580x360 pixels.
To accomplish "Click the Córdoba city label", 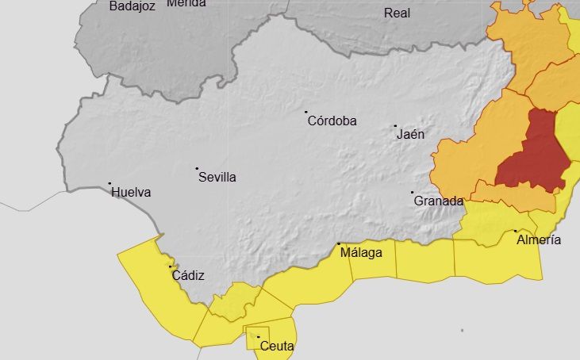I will click(332, 121).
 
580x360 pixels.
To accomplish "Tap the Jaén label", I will click(411, 135).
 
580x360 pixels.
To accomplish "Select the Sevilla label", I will click(217, 178).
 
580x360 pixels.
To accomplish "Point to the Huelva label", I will click(131, 192).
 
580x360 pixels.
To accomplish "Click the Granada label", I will click(439, 201).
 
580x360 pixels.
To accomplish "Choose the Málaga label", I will click(361, 254).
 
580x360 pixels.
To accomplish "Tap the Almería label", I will click(539, 239).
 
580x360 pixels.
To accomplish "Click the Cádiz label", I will click(188, 276).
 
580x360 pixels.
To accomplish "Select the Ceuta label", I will click(277, 347).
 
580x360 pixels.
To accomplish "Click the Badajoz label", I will click(133, 6).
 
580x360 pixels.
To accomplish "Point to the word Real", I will click(398, 13).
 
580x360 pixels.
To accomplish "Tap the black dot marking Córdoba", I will click(306, 113).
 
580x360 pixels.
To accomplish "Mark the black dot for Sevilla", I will click(197, 168).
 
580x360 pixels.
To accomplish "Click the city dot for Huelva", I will click(110, 183).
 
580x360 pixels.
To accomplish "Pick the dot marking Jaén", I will click(395, 125).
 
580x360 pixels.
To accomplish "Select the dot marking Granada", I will click(413, 193).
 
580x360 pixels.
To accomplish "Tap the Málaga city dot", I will click(339, 244).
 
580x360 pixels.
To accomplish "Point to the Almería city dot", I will click(516, 232).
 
